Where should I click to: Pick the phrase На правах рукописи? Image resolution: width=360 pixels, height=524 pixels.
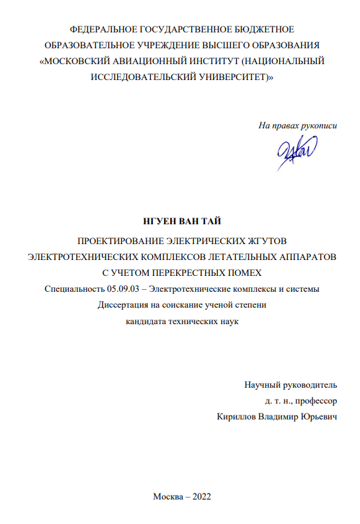pos(298,125)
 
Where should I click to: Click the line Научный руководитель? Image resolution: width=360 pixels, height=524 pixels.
pos(291,384)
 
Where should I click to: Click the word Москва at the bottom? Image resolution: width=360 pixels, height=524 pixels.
pos(166,497)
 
